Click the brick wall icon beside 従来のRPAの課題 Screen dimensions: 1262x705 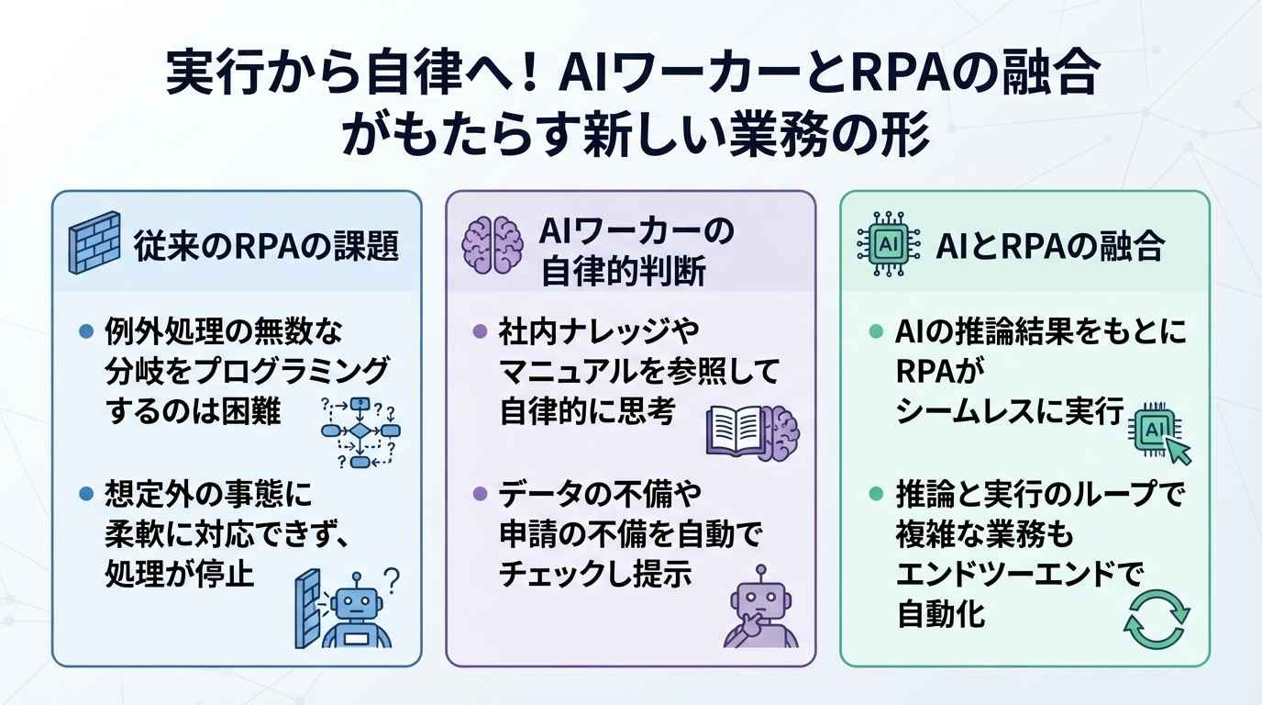[x=94, y=242]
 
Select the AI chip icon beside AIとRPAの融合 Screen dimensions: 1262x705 [x=889, y=244]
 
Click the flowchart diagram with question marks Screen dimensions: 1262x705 [x=360, y=432]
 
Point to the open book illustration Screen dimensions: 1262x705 [x=736, y=431]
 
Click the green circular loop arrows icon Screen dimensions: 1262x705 [x=1157, y=620]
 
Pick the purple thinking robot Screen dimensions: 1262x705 [x=760, y=607]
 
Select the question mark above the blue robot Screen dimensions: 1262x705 [x=392, y=580]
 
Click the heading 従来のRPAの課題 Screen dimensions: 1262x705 [x=266, y=246]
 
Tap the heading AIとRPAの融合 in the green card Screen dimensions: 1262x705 [x=1049, y=246]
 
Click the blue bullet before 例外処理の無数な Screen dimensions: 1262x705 [x=86, y=331]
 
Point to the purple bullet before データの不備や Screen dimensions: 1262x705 [x=480, y=494]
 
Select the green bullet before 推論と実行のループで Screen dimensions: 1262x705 [x=876, y=494]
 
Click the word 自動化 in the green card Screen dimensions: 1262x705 [x=940, y=614]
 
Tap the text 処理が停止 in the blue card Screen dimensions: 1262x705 [x=179, y=574]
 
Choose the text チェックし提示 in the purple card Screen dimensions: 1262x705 [x=595, y=574]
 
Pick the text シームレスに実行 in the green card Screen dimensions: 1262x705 [x=1010, y=411]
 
